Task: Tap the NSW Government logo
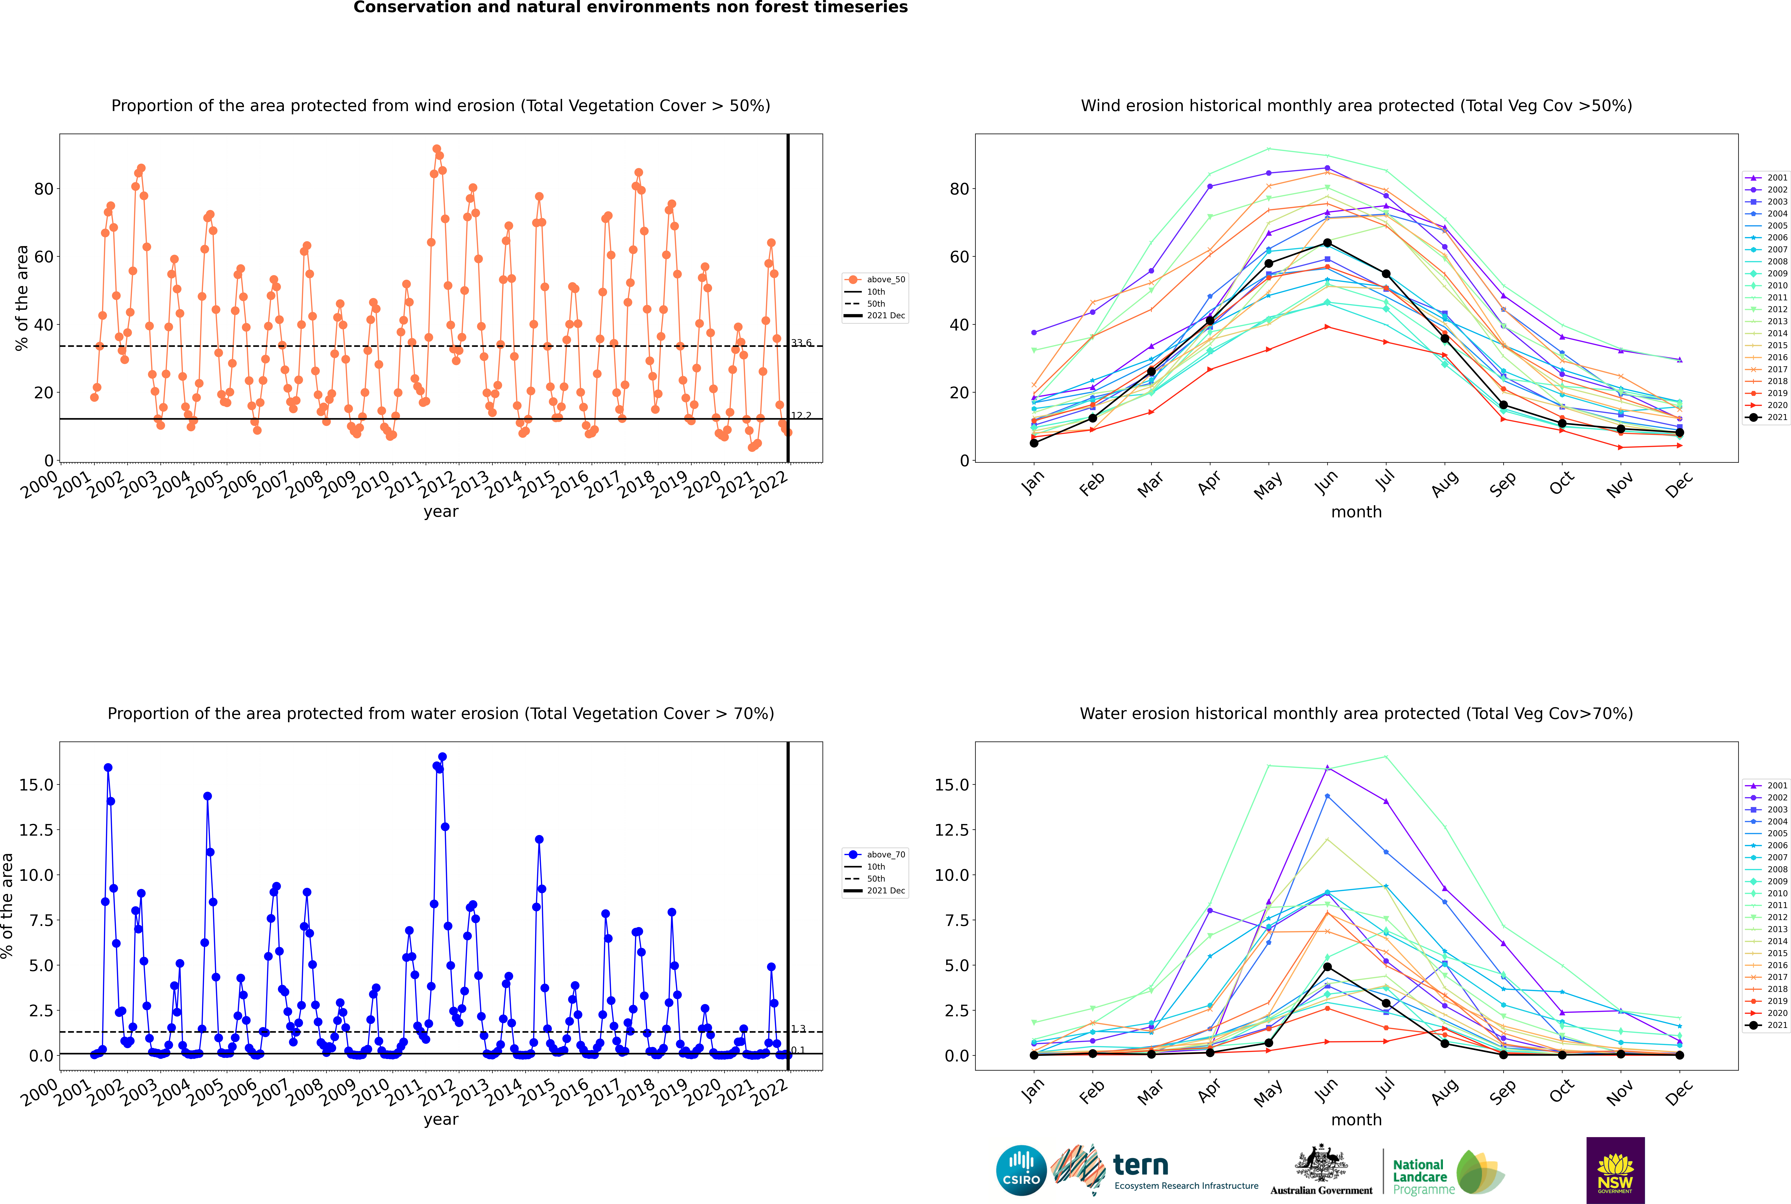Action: click(1615, 1170)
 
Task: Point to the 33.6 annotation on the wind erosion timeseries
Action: click(801, 343)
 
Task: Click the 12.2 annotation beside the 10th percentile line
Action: click(801, 415)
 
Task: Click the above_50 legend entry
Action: click(875, 280)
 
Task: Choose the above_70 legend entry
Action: click(875, 855)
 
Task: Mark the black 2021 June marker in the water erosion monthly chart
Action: click(1327, 967)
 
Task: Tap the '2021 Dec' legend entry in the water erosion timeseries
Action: click(875, 891)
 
